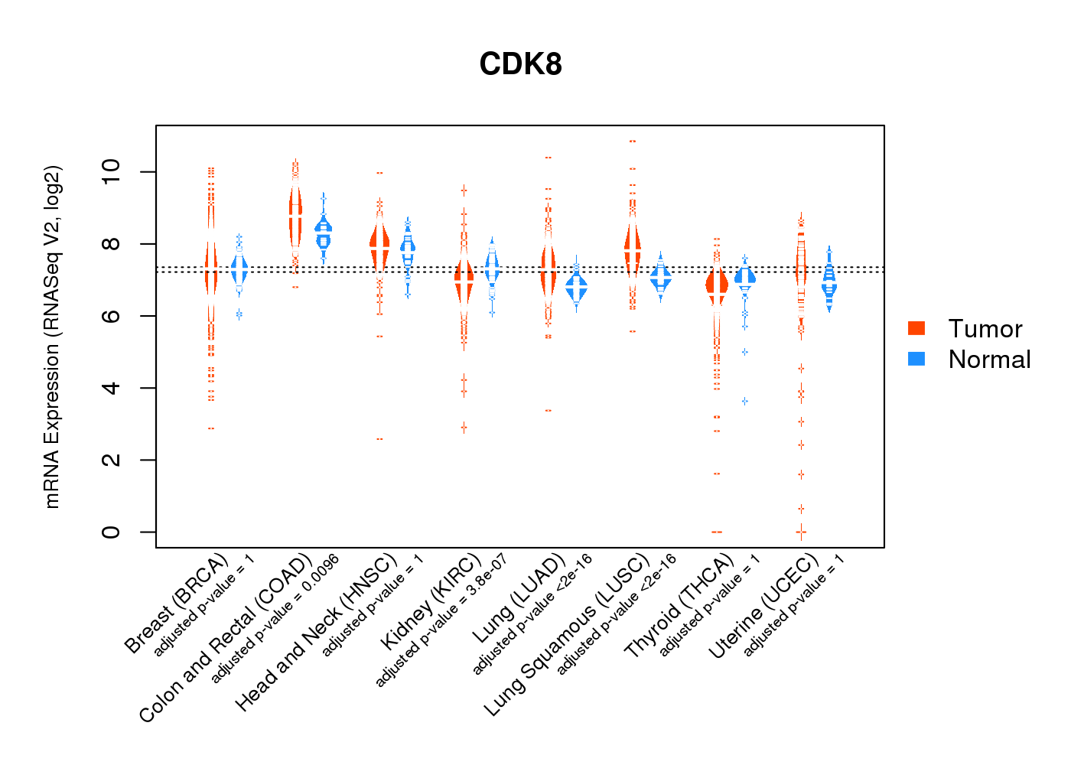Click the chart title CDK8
coord(520,64)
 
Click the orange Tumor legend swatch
coord(916,328)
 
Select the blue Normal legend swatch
coord(916,359)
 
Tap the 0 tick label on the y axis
coord(111,532)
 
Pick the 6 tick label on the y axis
coord(111,316)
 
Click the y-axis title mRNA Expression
coord(52,337)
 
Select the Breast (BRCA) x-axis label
coord(177,604)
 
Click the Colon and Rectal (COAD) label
coord(226,639)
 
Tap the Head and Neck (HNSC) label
coord(316,633)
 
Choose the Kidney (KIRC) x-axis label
coord(431,601)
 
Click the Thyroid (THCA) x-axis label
coord(679,608)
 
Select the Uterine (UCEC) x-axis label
coord(763,608)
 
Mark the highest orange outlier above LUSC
coord(632,142)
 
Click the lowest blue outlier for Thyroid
coord(744,401)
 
